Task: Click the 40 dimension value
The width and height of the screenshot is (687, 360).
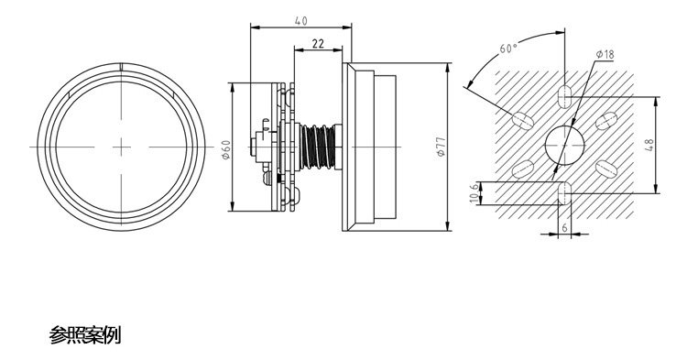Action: pos(301,20)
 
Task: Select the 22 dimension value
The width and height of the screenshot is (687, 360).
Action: pos(318,43)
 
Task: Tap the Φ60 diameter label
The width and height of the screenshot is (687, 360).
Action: pos(226,150)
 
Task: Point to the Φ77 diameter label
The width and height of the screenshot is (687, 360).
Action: pos(442,147)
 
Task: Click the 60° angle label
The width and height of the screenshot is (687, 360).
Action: pos(508,48)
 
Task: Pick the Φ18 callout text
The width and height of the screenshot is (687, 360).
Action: pos(605,55)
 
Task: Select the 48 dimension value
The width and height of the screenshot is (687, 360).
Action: pos(649,145)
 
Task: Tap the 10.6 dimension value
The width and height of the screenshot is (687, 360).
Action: pos(474,193)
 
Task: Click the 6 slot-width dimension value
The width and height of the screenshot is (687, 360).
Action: pos(564,228)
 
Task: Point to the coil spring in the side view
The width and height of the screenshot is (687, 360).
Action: pos(318,147)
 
